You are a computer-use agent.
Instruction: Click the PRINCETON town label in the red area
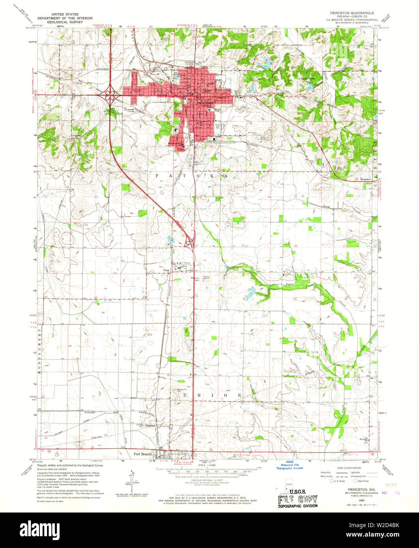205,103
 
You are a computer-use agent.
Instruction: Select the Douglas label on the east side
365,179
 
